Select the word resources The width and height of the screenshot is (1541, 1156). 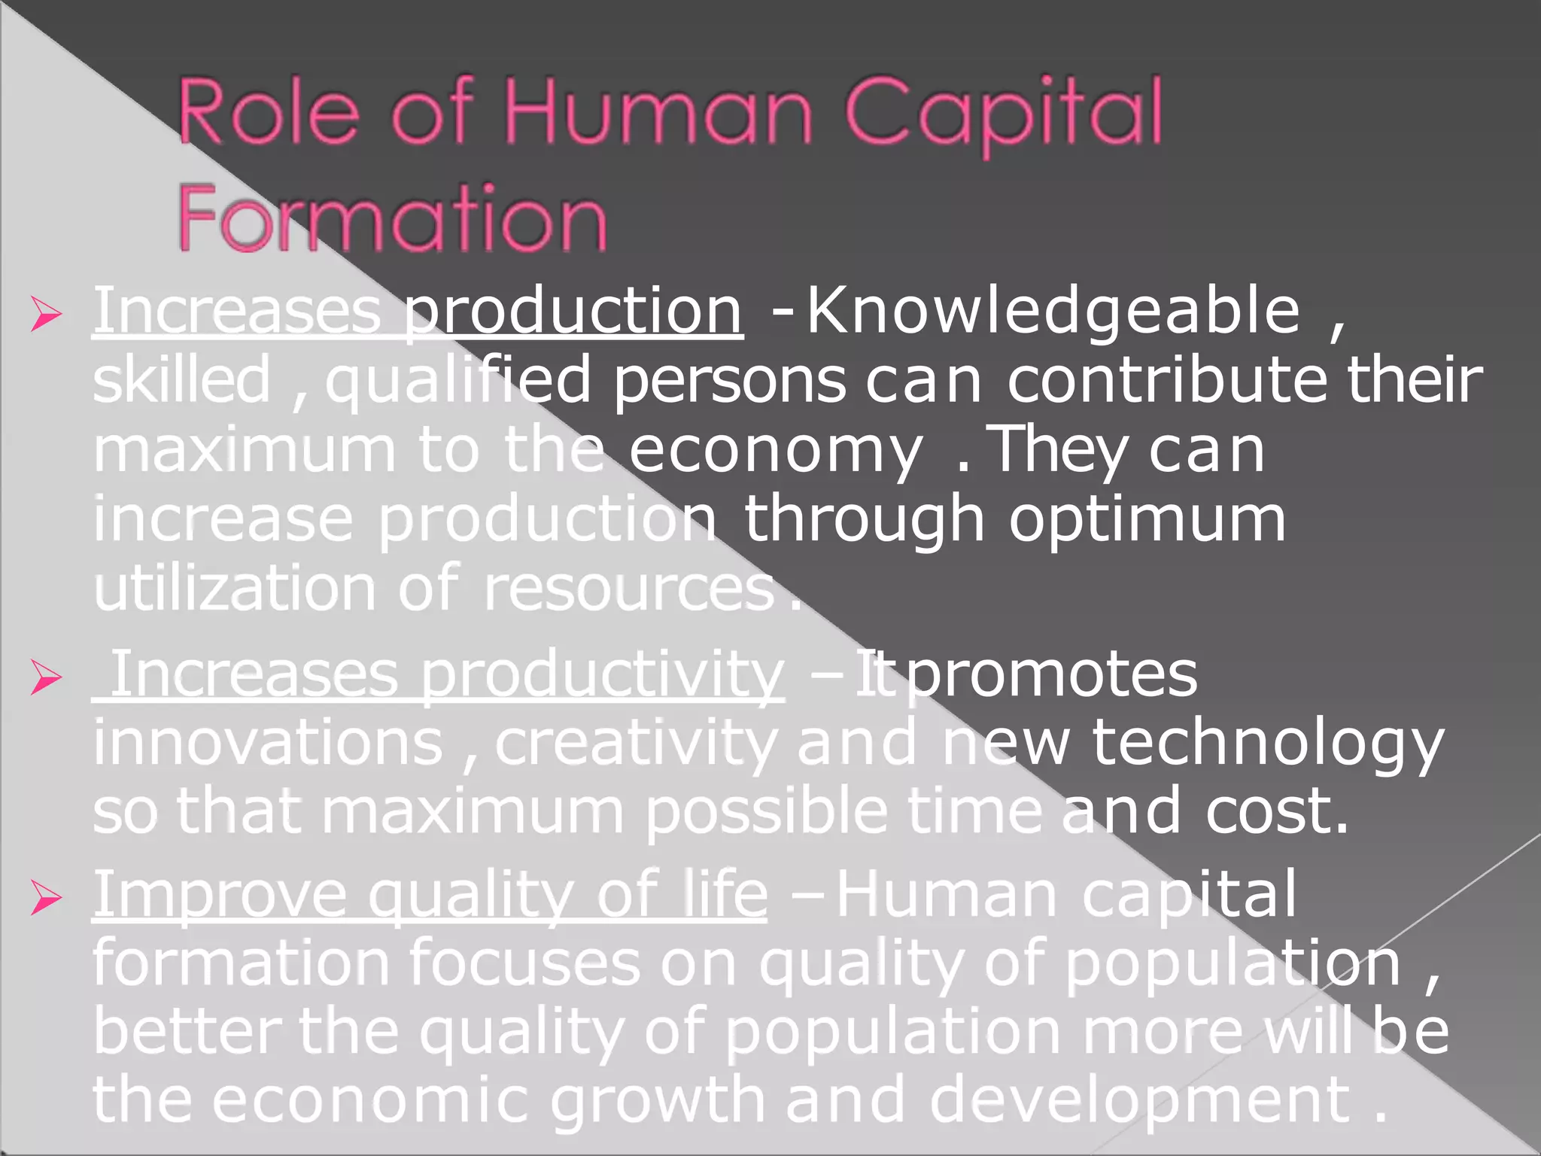[629, 590]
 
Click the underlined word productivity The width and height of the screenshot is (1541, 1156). [602, 676]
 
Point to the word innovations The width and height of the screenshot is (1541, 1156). [268, 744]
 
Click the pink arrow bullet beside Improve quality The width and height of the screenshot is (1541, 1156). [46, 899]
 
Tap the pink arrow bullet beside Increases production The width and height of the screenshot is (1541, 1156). [46, 315]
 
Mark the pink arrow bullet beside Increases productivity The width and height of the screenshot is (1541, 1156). [46, 678]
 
